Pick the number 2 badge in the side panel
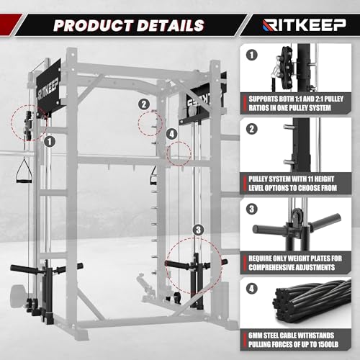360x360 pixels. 251,130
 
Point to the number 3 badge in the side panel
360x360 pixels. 251,210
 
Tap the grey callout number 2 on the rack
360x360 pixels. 144,104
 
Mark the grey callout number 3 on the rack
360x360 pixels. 197,231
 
